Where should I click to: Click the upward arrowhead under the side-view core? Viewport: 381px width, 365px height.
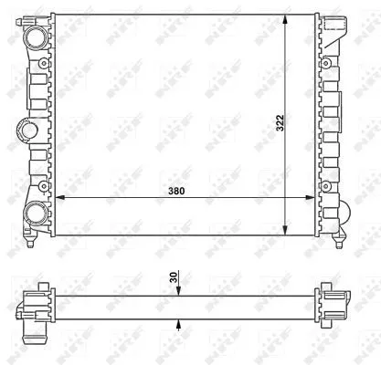pos(179,322)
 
